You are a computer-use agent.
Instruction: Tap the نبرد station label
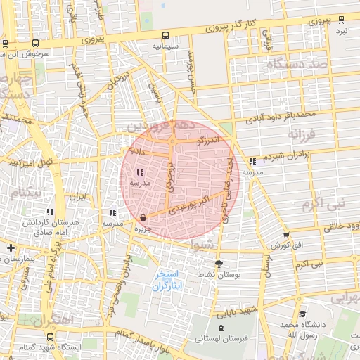(x=341, y=31)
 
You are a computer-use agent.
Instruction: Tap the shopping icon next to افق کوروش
(x=286, y=236)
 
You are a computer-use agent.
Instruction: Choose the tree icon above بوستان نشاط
(x=219, y=264)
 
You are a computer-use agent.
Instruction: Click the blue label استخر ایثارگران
(x=167, y=280)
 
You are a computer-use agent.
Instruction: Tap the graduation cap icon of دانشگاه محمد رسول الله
(x=302, y=314)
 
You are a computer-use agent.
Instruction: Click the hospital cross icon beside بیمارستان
(x=10, y=247)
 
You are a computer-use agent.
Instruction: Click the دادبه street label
(x=136, y=150)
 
